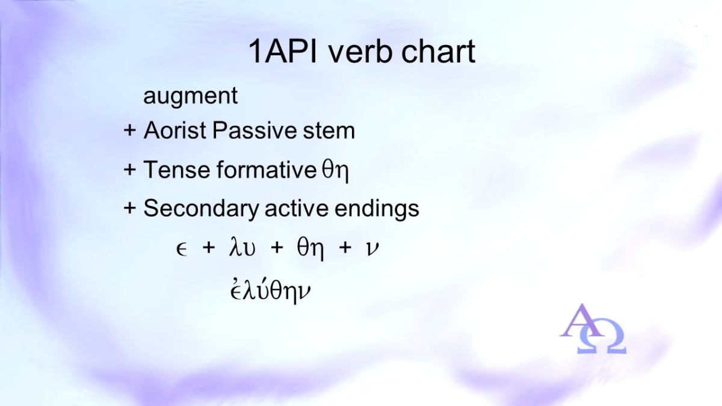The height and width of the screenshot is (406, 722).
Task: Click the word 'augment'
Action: tap(191, 96)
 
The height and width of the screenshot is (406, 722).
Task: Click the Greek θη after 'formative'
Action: tap(335, 171)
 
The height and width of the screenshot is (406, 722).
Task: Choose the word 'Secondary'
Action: tap(201, 209)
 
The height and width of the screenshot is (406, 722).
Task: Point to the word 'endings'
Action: tap(377, 209)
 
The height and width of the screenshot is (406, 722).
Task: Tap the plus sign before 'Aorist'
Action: tap(129, 131)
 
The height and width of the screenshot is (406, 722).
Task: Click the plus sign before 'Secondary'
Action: tap(129, 208)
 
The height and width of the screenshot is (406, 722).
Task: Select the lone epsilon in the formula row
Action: tap(182, 250)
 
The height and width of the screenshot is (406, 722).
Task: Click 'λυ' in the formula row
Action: tap(242, 247)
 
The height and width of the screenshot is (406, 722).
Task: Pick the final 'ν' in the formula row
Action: tap(372, 249)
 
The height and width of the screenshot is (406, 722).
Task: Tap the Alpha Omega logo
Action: tap(593, 328)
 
